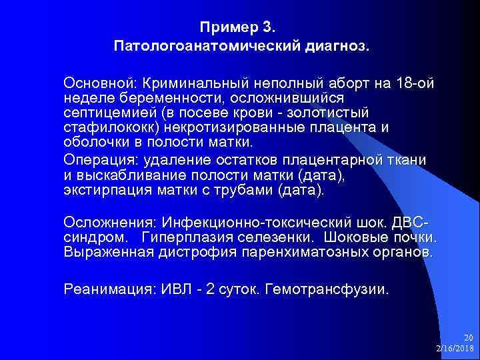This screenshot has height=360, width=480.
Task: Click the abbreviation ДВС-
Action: (412, 223)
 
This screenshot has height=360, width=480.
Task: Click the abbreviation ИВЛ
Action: (175, 289)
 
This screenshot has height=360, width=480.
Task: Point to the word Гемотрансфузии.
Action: (326, 289)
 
